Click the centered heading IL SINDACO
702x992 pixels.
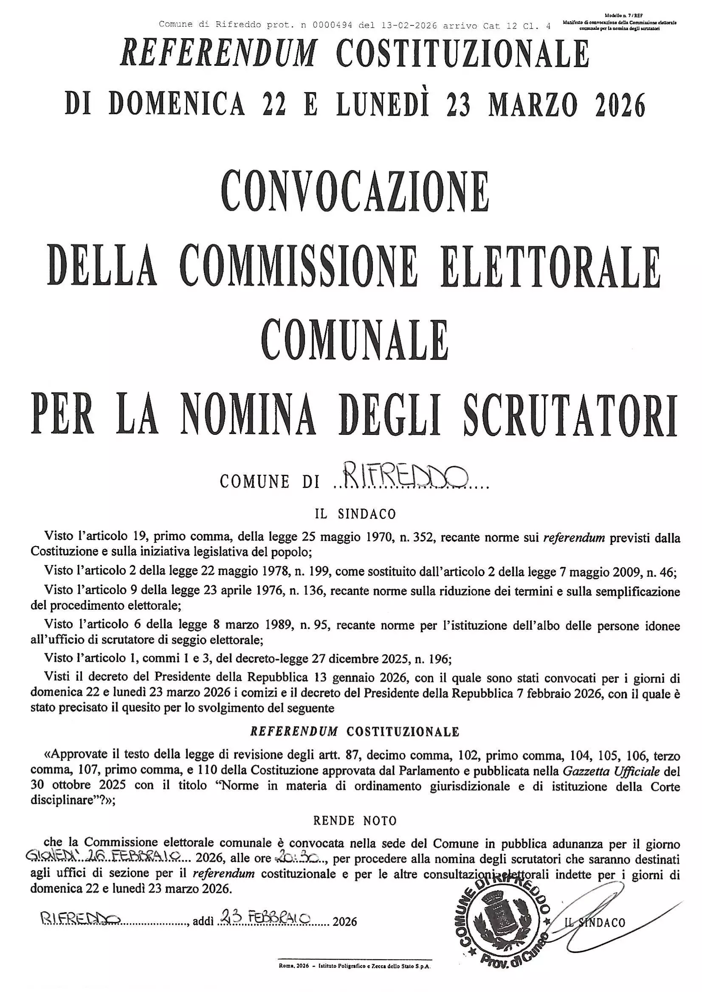click(355, 514)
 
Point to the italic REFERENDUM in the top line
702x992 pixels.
click(218, 56)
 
